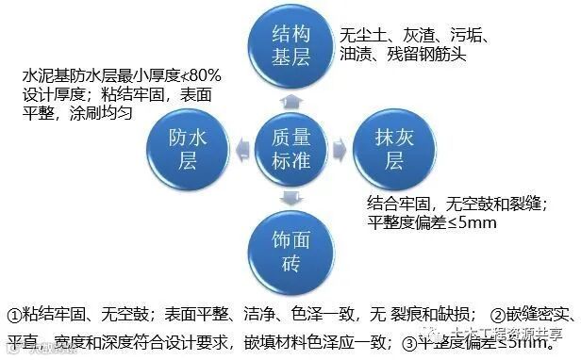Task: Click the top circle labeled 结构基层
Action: [290, 46]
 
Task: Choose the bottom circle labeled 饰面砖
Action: [290, 247]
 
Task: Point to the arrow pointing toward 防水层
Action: [238, 149]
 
